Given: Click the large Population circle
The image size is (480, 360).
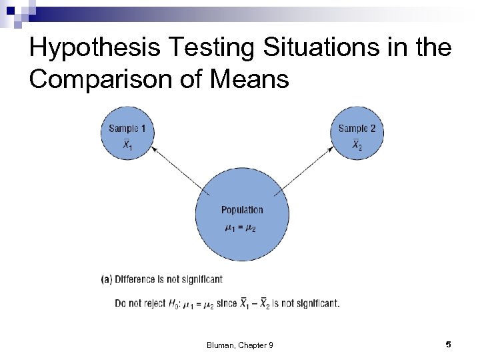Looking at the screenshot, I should (242, 213).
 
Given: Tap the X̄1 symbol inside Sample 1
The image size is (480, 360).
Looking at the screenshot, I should (127, 145).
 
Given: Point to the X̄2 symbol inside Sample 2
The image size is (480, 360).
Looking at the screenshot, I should (357, 145).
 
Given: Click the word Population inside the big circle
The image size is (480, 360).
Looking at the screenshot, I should (242, 210).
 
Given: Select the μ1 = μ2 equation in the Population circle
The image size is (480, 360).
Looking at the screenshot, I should (240, 229).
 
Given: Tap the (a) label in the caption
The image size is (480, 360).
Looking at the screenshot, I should (107, 279).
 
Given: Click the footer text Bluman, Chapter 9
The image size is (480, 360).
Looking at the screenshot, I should (240, 345).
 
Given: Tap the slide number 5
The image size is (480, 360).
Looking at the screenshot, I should (449, 344).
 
